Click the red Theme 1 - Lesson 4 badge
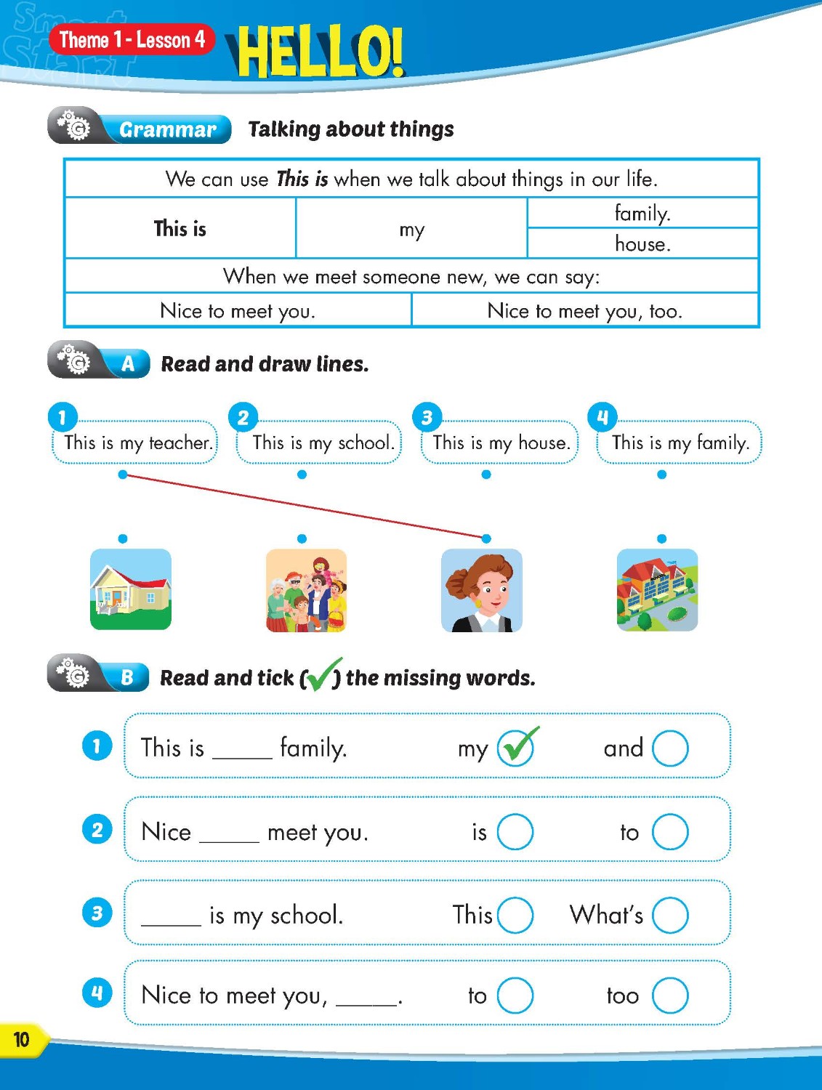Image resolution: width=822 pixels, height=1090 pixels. click(132, 39)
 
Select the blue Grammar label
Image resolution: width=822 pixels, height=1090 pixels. click(167, 129)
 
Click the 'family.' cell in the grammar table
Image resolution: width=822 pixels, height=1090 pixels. click(642, 213)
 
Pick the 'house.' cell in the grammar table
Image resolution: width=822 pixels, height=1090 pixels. click(642, 243)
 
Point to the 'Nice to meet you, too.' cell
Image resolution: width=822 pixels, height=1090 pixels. click(585, 311)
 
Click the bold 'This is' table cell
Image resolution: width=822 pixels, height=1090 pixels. click(180, 228)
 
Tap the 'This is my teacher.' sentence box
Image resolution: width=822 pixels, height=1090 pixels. click(135, 443)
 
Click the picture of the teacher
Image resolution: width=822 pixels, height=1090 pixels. click(482, 590)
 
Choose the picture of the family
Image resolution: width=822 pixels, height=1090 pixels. click(306, 590)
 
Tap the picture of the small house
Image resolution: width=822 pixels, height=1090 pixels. click(131, 589)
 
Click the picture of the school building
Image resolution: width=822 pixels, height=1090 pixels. click(657, 590)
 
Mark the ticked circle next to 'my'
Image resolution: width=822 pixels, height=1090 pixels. click(515, 748)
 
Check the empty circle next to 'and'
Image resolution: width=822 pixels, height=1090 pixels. click(670, 748)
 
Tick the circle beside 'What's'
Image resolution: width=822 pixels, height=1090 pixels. click(670, 915)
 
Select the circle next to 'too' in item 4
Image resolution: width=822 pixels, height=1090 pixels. click(670, 996)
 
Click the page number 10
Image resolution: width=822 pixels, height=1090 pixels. click(22, 1040)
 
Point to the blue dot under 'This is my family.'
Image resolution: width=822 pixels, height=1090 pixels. click(661, 475)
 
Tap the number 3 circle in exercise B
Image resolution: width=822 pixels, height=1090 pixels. click(97, 913)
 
